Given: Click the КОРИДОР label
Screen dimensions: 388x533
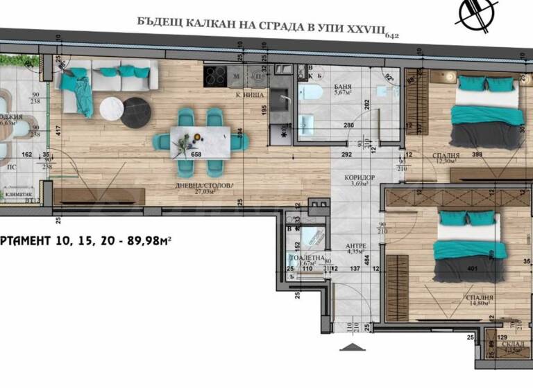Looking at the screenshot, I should point(359,177).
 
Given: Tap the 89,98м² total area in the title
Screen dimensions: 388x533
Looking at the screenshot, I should point(148,240).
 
